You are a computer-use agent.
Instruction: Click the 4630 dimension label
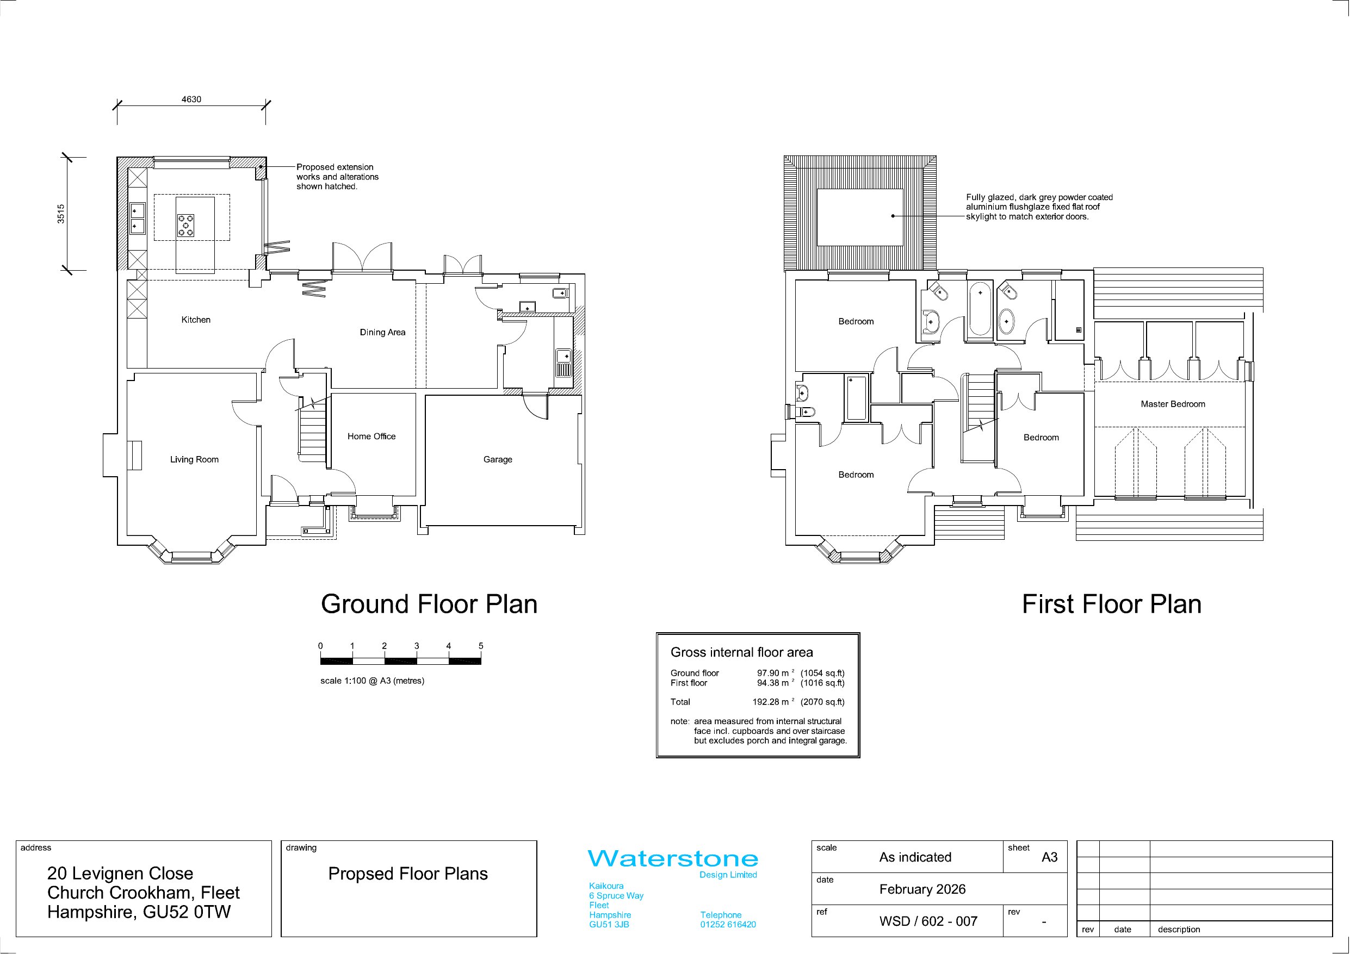coord(191,99)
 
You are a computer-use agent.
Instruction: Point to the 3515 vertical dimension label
coord(61,214)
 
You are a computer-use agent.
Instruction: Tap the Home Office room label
coord(371,436)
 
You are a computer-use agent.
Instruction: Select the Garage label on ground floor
coord(498,459)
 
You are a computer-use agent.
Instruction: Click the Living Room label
coord(194,460)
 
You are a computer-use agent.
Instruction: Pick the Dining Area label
coord(383,332)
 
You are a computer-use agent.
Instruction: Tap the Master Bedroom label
coord(1173,404)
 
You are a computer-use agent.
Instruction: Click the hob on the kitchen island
coord(186,226)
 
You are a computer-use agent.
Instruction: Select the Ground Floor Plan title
coord(429,604)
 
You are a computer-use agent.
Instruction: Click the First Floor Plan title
coord(1112,604)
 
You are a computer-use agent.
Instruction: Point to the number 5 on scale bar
coord(481,646)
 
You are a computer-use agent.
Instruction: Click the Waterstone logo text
coord(673,859)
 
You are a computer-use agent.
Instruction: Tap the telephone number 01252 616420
coord(728,925)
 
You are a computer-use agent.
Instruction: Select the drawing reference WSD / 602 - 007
coord(928,921)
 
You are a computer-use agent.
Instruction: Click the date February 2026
coord(922,889)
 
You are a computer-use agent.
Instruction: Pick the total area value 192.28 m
coord(770,702)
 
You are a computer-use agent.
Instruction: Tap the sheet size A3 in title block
coord(1050,858)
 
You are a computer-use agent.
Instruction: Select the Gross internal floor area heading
coord(742,652)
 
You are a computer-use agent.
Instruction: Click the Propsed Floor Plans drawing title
coord(408,874)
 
